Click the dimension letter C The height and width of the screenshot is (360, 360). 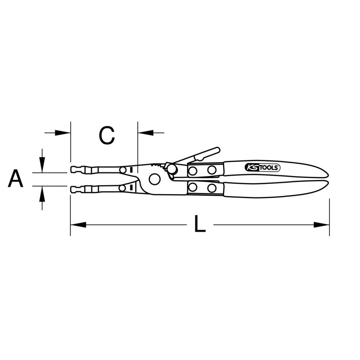pyautogui.click(x=107, y=135)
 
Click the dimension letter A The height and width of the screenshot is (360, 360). pyautogui.click(x=15, y=179)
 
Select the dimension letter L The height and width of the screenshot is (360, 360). pyautogui.click(x=199, y=224)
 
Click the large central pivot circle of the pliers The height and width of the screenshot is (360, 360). pyautogui.click(x=154, y=179)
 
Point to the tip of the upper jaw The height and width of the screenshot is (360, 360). pyautogui.click(x=71, y=170)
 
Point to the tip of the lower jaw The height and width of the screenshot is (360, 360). pyautogui.click(x=71, y=189)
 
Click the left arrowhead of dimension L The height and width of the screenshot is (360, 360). pyautogui.click(x=78, y=225)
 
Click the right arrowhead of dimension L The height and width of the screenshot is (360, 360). pyautogui.click(x=321, y=225)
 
